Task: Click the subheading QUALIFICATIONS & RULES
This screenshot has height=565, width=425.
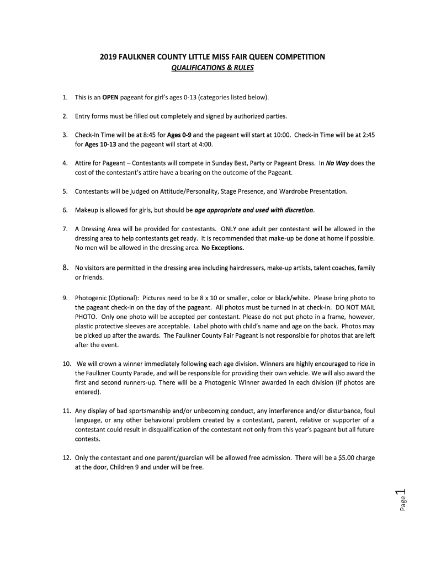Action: [212, 69]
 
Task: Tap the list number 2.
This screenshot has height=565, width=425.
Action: [65, 116]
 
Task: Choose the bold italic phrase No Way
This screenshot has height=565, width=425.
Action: [337, 163]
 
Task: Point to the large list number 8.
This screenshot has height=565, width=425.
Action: [65, 268]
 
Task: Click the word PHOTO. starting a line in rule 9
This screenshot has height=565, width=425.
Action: [86, 317]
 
